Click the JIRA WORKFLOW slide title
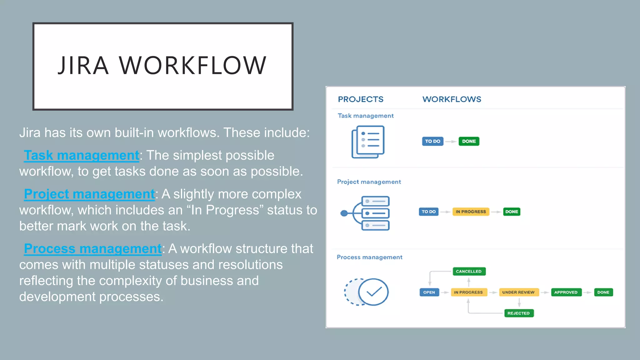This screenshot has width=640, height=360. [x=162, y=66]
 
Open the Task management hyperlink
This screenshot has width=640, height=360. [x=82, y=155]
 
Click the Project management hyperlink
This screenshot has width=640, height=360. [x=89, y=194]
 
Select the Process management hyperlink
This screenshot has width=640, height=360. [x=93, y=249]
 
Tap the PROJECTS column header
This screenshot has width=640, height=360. [x=361, y=99]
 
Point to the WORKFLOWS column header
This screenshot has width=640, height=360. [x=452, y=99]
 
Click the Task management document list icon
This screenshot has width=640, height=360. [x=368, y=142]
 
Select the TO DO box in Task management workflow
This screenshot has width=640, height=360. [x=432, y=141]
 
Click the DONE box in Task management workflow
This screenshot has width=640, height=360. [x=469, y=141]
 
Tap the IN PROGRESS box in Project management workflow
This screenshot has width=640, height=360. [x=471, y=212]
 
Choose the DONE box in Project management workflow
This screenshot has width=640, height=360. [x=512, y=212]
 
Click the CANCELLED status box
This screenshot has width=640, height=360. [x=469, y=271]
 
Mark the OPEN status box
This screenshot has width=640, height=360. [x=429, y=292]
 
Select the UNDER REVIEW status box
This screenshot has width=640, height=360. [x=518, y=292]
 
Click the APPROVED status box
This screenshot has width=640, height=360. [x=566, y=292]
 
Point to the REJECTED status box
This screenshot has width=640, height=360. [x=519, y=313]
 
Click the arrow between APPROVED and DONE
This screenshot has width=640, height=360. [x=588, y=292]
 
